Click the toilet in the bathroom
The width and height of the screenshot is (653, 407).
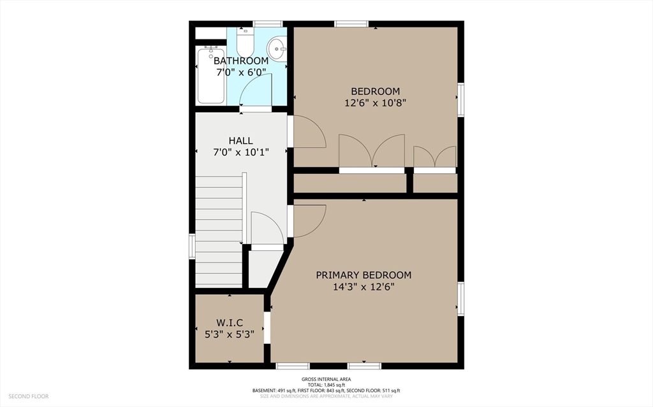point(245,41)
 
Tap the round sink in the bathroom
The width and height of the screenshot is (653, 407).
point(277,48)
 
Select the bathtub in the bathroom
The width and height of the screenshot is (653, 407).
point(210,75)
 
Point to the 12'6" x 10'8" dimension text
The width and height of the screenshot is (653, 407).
point(375,103)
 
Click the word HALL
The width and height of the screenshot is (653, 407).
point(240,141)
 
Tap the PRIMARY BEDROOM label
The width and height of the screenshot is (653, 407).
point(363,275)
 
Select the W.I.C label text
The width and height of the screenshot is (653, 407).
point(230,323)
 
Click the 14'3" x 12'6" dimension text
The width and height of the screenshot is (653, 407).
point(363,287)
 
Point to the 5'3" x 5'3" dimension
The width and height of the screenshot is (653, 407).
point(230,334)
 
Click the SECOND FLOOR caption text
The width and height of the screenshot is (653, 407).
point(28,397)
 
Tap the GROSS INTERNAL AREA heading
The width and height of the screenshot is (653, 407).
point(326,379)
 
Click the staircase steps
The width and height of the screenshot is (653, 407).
point(219,231)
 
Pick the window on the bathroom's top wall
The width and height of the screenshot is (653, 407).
point(268,24)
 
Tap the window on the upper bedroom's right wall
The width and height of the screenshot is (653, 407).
point(460,100)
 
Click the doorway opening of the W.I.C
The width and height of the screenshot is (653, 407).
point(267,328)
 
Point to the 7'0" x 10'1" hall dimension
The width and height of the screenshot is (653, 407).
point(240,152)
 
